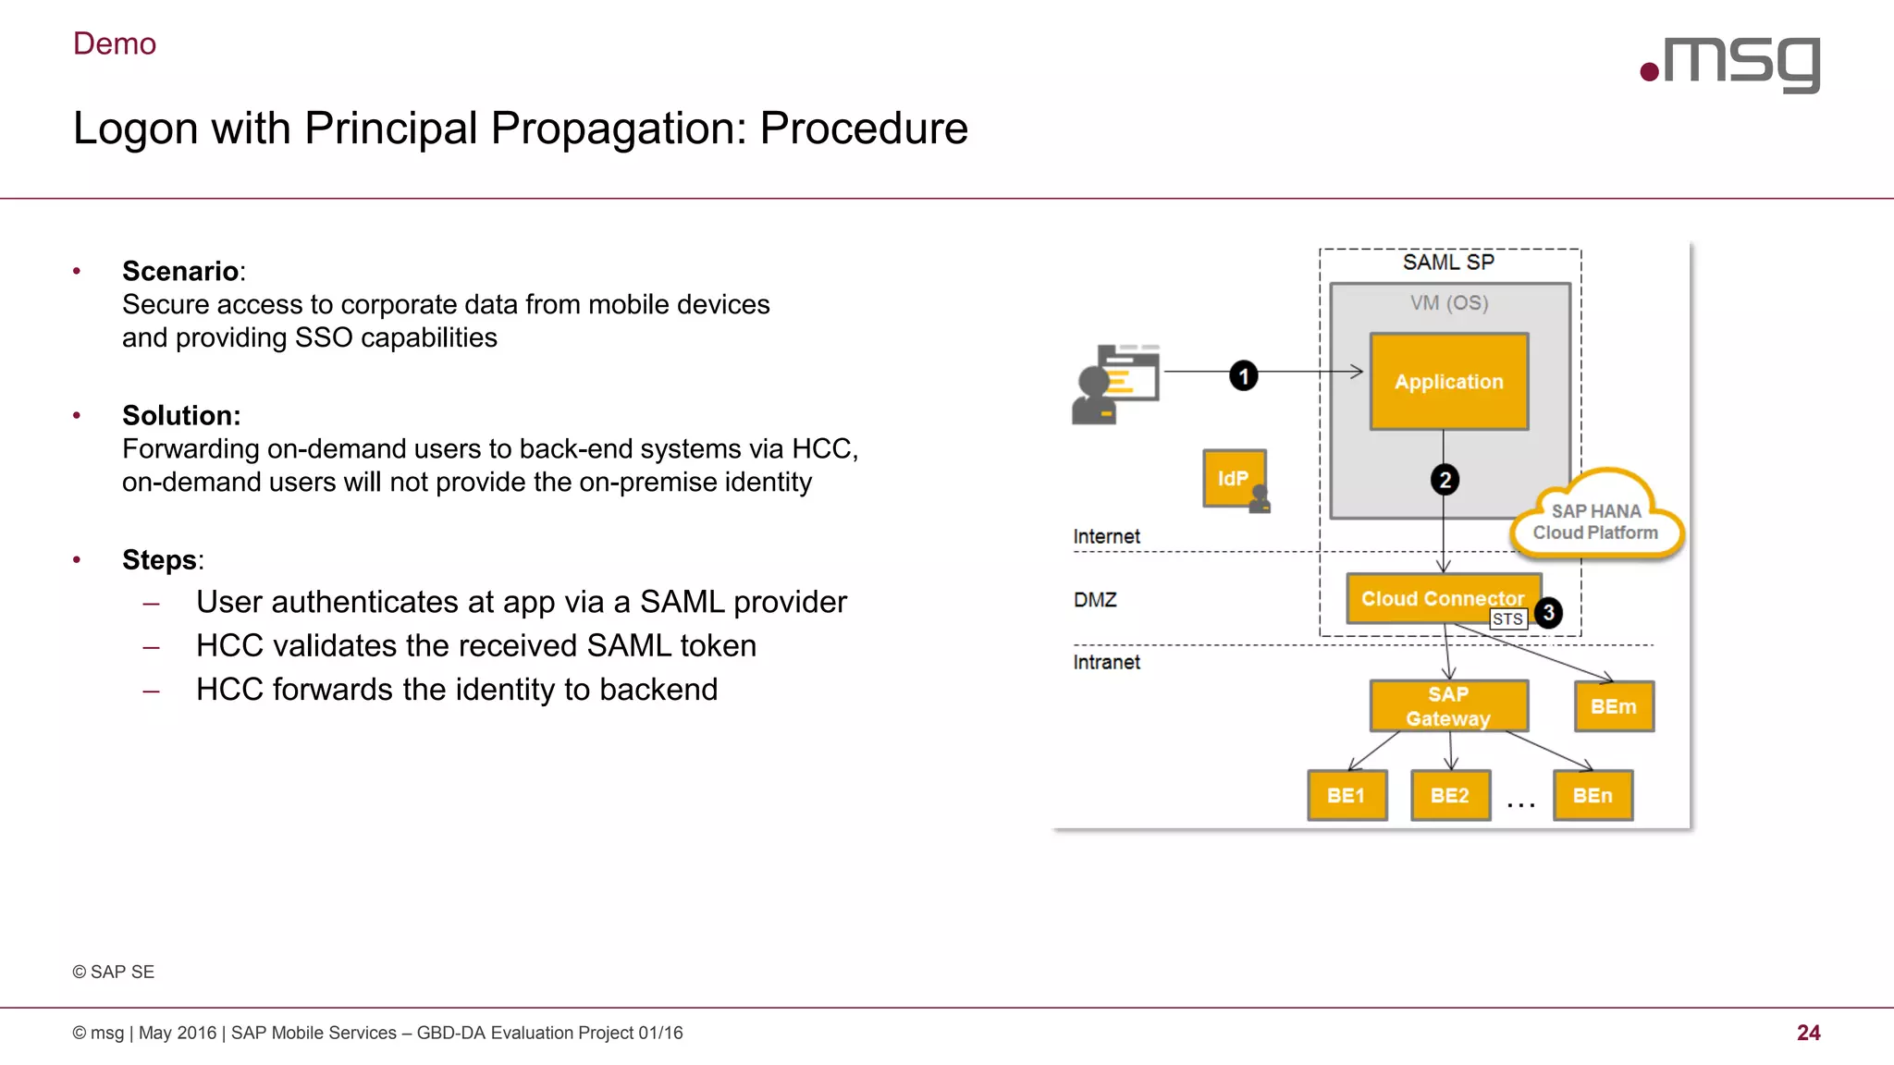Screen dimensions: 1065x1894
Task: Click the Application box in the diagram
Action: tap(1448, 382)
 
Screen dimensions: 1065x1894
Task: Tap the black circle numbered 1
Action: tap(1244, 375)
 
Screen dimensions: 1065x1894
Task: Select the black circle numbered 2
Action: tap(1445, 480)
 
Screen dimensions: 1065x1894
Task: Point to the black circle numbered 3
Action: tap(1548, 613)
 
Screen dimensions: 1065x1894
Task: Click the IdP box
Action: tap(1234, 478)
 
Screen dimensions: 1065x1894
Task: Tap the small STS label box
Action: tap(1507, 619)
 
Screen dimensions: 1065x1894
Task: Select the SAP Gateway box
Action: tap(1448, 706)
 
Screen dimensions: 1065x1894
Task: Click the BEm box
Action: tap(1614, 706)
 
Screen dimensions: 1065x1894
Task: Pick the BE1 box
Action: tap(1347, 795)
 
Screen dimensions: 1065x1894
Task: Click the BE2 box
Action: tap(1450, 795)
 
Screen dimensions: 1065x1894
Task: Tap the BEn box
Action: tap(1593, 795)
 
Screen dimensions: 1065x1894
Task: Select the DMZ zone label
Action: tap(1095, 600)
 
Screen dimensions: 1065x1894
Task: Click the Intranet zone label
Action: tap(1106, 662)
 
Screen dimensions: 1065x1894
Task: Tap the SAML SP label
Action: tap(1448, 263)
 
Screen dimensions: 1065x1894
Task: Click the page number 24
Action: tap(1808, 1033)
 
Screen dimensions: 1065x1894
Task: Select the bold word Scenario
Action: tap(180, 271)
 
